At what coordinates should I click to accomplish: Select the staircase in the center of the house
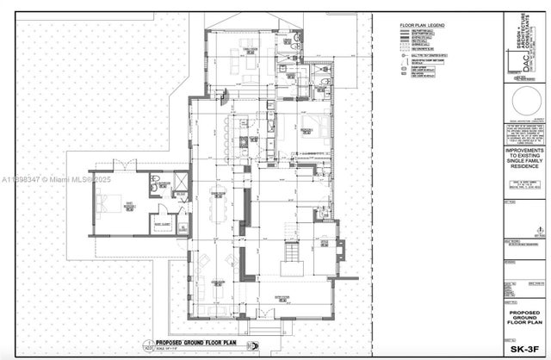[x=293, y=251]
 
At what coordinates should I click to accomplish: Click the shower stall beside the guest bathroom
[x=179, y=183]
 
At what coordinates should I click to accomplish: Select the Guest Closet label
[x=162, y=225]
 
